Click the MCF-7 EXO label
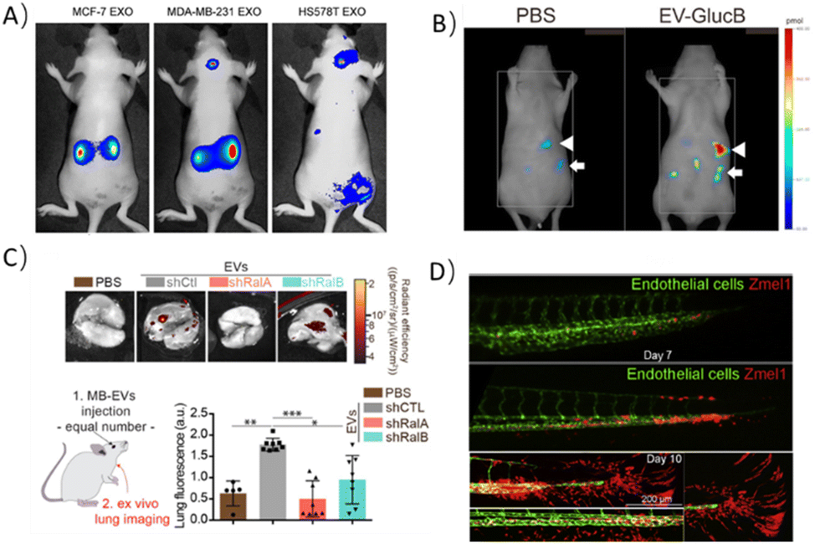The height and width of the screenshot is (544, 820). [x=90, y=13]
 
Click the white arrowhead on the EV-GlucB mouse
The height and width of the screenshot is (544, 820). [x=738, y=149]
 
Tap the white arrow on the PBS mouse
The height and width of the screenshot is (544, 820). [x=577, y=167]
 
